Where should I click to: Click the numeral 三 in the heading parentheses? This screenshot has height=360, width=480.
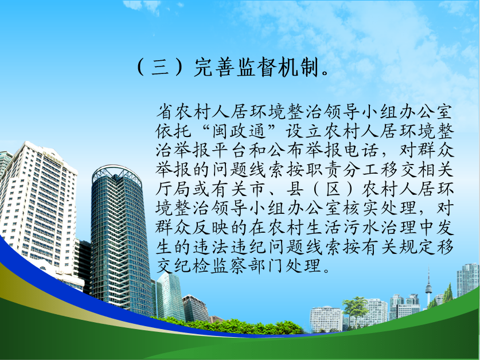click(x=161, y=66)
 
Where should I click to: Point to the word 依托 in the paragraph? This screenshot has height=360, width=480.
click(x=173, y=132)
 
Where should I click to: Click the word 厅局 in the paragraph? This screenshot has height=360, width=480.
click(x=173, y=189)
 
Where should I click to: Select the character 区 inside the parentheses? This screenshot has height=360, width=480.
click(x=333, y=189)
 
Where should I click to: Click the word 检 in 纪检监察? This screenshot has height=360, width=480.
click(x=201, y=266)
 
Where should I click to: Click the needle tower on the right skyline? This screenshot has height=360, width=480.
click(x=428, y=288)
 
